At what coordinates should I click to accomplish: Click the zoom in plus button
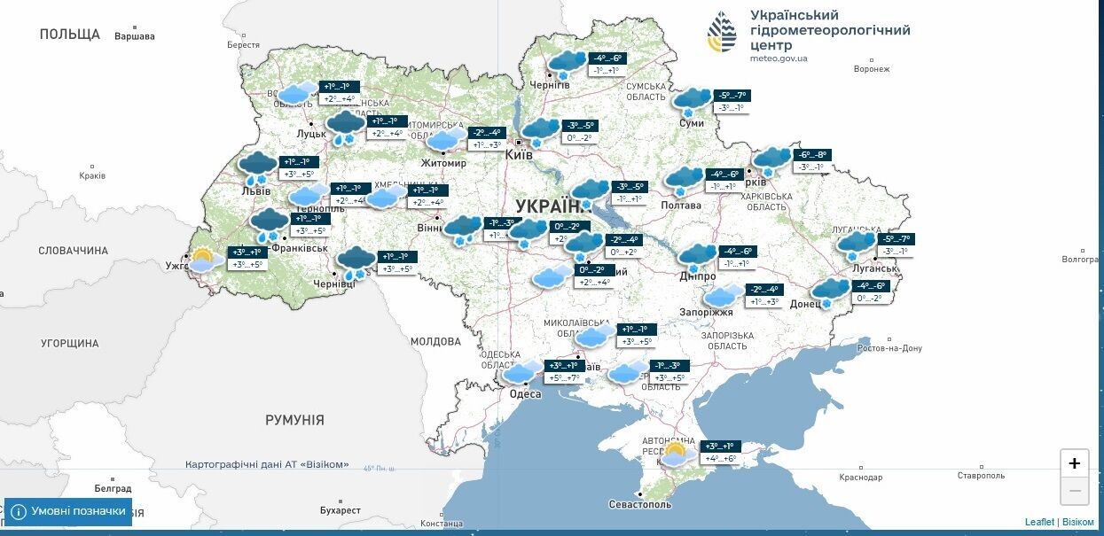pos(1074,463)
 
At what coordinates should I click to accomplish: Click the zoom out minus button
pos(1074,490)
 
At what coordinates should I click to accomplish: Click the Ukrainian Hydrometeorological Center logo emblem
pos(722,33)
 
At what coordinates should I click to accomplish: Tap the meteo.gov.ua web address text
pos(779,58)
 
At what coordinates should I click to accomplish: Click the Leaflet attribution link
pos(1039,522)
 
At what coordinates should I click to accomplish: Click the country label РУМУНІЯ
pos(294,420)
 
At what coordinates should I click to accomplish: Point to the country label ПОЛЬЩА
pos(70,35)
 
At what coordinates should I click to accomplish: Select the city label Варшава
pos(135,36)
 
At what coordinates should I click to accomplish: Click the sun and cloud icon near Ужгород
pos(203,260)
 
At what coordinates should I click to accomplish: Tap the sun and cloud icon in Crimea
pos(675,454)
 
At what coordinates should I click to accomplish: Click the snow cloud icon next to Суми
pos(692,100)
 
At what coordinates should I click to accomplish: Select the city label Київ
pos(519,155)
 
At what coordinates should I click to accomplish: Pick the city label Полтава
pos(681,206)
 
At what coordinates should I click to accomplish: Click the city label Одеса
pos(525,394)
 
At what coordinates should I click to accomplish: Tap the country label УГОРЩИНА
pos(70,343)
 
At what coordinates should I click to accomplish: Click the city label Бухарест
pos(341,510)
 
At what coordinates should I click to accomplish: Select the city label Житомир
pos(443,163)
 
